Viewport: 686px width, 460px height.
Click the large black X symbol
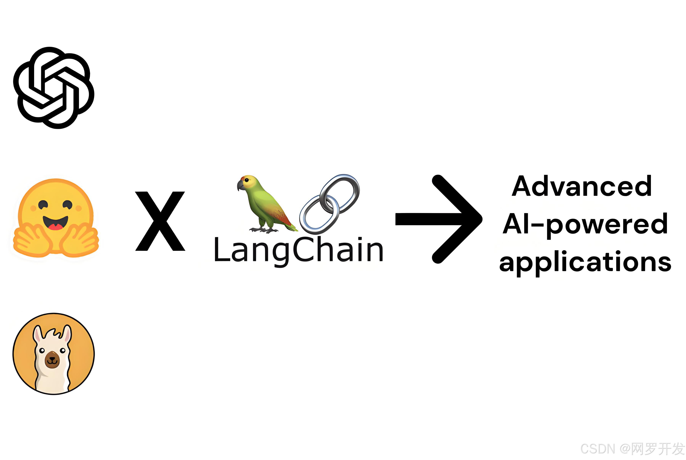click(x=160, y=221)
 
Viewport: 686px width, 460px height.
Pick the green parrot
click(x=264, y=202)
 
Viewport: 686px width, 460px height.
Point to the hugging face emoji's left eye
click(x=43, y=204)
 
